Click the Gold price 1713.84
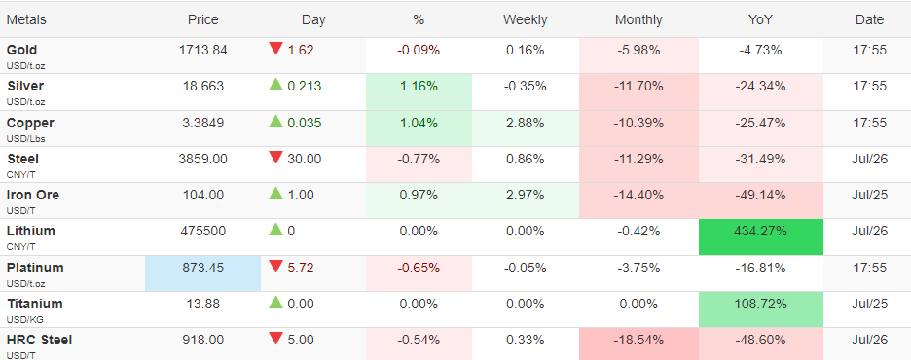pos(202,50)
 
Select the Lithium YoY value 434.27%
pos(760,232)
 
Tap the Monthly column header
pos(638,19)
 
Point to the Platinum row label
pos(35,269)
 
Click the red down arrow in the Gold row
pos(275,50)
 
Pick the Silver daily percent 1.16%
pos(419,87)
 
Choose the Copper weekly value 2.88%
pos(526,124)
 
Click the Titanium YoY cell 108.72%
pos(760,304)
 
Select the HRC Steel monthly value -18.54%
pos(638,340)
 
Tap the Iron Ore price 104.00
pos(202,196)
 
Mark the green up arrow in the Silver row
pos(275,86)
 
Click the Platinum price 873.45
pos(202,269)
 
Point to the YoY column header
pos(760,19)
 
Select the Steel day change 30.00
pos(304,160)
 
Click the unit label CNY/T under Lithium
pos(18,247)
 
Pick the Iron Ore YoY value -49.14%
pos(760,196)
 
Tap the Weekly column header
pos(526,19)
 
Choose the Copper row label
pos(30,124)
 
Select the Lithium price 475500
pos(202,232)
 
